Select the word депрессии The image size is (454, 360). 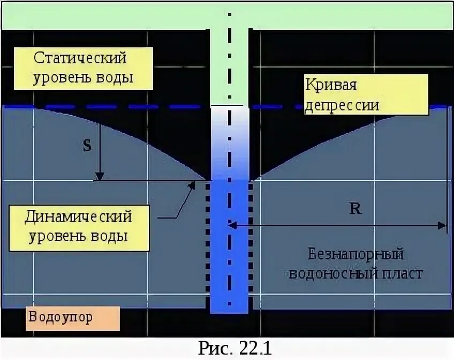click(342, 104)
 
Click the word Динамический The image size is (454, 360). click(79, 217)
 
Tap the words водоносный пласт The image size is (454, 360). click(356, 273)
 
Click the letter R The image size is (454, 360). click(355, 209)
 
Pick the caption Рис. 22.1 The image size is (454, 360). click(236, 348)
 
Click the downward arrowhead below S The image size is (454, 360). click(100, 176)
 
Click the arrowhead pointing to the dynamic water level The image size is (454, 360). click(191, 185)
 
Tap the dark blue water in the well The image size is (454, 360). click(229, 246)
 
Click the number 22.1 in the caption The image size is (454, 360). click(255, 348)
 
